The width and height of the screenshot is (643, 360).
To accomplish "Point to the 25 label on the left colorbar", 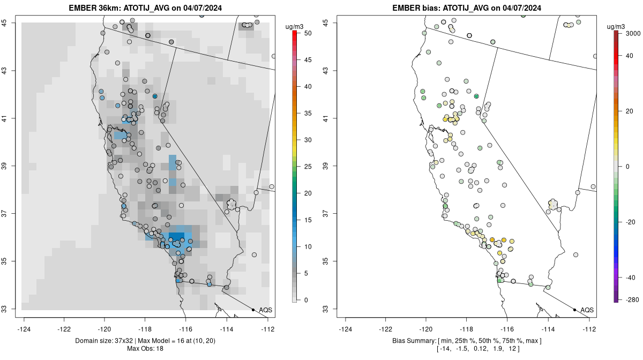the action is pyautogui.click(x=308, y=167).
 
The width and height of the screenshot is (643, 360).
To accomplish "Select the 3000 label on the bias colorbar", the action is pyautogui.click(x=633, y=34).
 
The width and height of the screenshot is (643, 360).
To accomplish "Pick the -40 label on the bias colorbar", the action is pyautogui.click(x=631, y=277).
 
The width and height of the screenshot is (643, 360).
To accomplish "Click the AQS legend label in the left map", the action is pyautogui.click(x=266, y=310).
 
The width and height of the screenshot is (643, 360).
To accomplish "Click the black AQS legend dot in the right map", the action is pyautogui.click(x=574, y=310).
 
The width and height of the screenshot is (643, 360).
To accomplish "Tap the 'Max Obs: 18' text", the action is pyautogui.click(x=145, y=349).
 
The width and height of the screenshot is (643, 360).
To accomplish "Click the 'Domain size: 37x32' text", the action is pyautogui.click(x=104, y=341).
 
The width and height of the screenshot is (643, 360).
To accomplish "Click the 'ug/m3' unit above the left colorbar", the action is pyautogui.click(x=294, y=27).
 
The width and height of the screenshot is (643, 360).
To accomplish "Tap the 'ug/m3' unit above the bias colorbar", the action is pyautogui.click(x=616, y=27).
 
